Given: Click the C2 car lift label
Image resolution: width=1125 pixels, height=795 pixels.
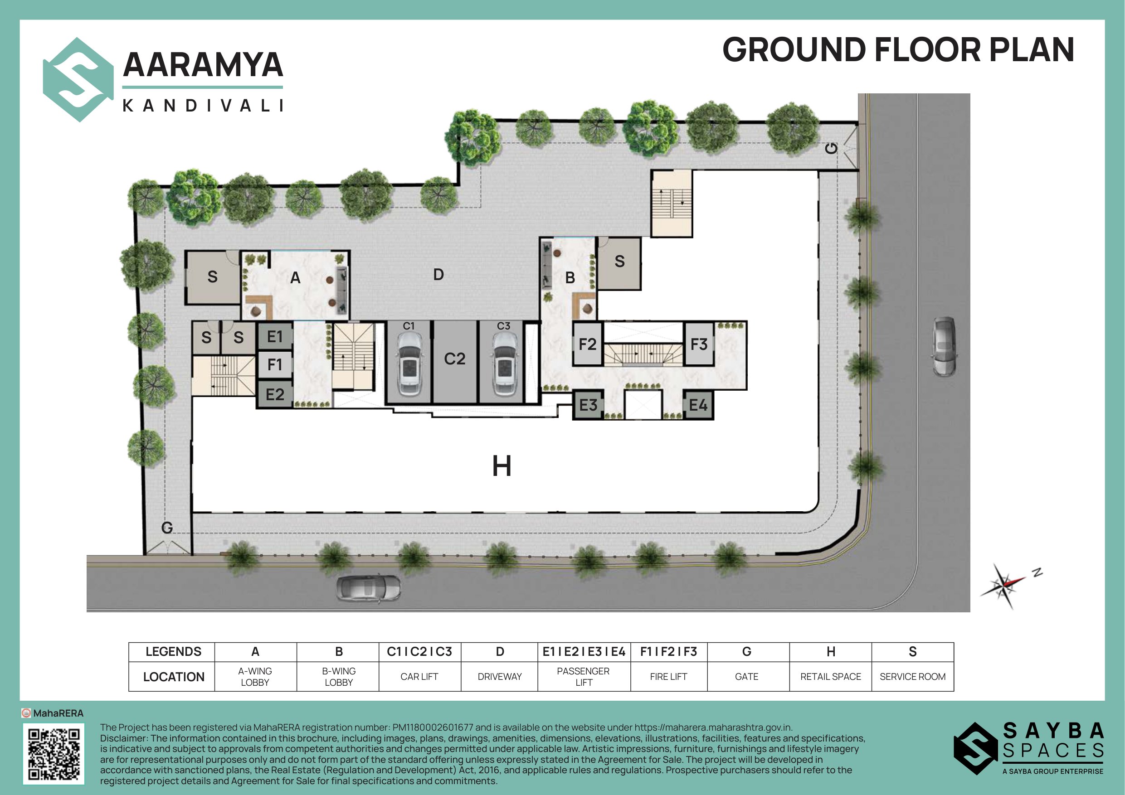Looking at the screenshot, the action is click(454, 359).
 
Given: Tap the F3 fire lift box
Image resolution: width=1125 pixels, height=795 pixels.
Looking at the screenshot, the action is click(699, 344).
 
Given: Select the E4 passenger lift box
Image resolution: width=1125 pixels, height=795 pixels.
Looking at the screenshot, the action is click(698, 405).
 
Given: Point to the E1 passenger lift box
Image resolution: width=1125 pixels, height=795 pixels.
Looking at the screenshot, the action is click(275, 336).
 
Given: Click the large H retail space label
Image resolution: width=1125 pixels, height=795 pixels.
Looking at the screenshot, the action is click(502, 466).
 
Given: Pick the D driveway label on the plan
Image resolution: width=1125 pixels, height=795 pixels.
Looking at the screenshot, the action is click(438, 275).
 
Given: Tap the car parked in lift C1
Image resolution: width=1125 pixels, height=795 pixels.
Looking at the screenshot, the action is click(409, 364).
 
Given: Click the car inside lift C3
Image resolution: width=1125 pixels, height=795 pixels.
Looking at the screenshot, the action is click(503, 364).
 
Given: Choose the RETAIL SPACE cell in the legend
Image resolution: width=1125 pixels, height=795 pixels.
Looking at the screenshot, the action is click(831, 676).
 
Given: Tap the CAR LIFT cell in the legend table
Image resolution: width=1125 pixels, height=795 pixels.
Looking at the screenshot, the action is click(419, 676).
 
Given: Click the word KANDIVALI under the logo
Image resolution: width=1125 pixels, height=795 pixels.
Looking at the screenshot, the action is click(203, 105).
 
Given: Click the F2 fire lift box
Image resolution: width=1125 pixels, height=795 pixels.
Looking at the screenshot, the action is click(588, 344).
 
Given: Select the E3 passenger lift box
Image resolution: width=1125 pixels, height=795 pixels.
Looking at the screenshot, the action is click(588, 405).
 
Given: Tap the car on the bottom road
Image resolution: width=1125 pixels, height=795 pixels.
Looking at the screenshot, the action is click(369, 588).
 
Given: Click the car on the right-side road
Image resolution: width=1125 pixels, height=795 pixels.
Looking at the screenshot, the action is click(944, 346).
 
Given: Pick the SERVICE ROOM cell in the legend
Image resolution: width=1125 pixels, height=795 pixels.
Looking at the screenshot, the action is click(912, 676).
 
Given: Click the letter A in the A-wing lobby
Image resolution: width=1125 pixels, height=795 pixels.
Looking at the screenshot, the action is click(295, 278).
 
